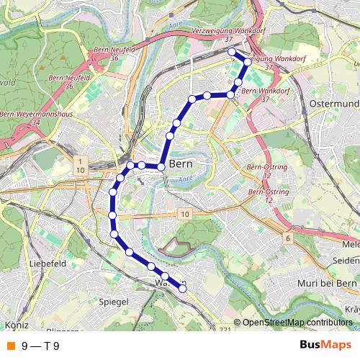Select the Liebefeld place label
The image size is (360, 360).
pyautogui.click(x=48, y=265)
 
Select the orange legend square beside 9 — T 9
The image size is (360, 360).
pyautogui.click(x=9, y=346)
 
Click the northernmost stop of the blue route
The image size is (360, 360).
pyautogui.click(x=231, y=52)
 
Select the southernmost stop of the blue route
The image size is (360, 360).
pyautogui.click(x=183, y=289)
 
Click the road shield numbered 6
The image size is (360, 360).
pyautogui.click(x=287, y=238)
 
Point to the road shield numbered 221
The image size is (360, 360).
pyautogui.click(x=225, y=329)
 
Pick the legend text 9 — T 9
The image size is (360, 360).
pyautogui.click(x=40, y=346)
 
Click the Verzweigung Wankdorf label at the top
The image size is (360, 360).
pyautogui.click(x=226, y=32)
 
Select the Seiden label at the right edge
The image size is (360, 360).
pyautogui.click(x=347, y=260)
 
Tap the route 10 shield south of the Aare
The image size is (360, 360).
pyautogui.click(x=185, y=215)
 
